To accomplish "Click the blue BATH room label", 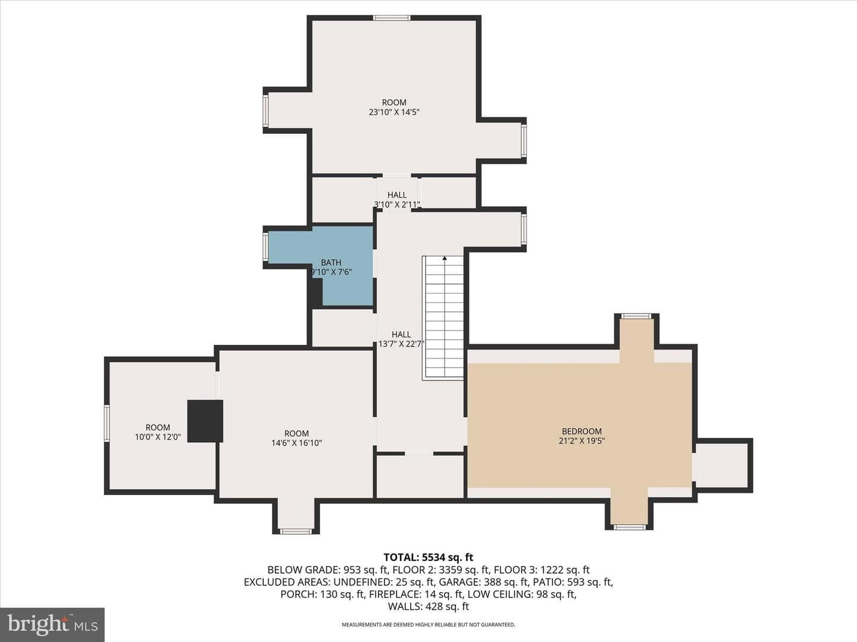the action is (331, 263).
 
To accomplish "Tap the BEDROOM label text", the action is (581, 432).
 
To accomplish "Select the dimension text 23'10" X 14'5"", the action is (394, 112).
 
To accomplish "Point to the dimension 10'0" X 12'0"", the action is (158, 437).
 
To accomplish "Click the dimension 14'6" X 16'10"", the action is (296, 443).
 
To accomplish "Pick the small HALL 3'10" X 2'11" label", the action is (397, 200).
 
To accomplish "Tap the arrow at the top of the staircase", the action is (445, 258).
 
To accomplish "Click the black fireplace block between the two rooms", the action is (205, 421).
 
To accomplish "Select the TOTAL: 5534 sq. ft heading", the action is (428, 558).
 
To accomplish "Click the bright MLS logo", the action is (52, 625).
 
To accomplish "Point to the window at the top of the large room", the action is (392, 18).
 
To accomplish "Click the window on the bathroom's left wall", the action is (265, 247).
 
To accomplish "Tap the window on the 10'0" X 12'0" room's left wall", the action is (107, 423).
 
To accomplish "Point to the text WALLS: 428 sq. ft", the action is (428, 606).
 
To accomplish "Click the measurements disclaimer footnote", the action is (428, 624).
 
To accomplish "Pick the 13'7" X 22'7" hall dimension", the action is (401, 344).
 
